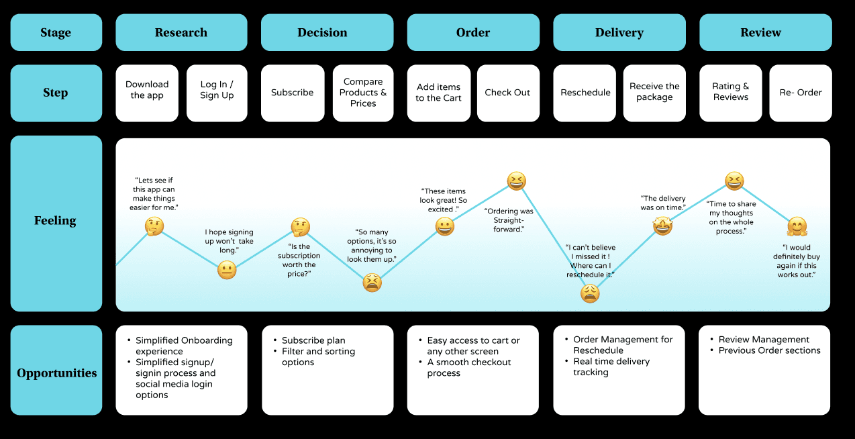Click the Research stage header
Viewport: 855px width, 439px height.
[x=181, y=32]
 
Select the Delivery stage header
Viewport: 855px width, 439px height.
[x=619, y=32]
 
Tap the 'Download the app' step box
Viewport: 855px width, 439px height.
[x=147, y=93]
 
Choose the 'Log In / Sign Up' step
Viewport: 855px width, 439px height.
[x=217, y=93]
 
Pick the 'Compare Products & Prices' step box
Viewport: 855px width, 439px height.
[x=363, y=93]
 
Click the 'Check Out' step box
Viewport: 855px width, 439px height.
[x=508, y=93]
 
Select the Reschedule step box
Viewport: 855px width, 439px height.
[x=586, y=93]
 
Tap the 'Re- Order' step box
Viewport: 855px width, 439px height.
[x=801, y=93]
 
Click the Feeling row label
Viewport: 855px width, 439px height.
[x=56, y=221]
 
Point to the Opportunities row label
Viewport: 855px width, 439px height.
[x=57, y=373]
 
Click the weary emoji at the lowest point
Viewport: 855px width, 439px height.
[x=590, y=293]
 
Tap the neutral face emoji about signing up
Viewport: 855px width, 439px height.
[x=227, y=271]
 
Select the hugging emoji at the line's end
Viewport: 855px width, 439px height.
[x=797, y=226]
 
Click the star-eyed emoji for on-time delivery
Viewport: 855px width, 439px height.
[x=662, y=227]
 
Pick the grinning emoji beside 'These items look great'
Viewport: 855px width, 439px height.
[x=445, y=227]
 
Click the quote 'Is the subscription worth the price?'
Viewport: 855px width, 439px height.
[x=299, y=260]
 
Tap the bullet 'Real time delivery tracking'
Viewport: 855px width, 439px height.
[x=611, y=367]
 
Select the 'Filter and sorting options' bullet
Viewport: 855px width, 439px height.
[x=318, y=356]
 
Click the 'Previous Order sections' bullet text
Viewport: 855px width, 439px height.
[x=769, y=350]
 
